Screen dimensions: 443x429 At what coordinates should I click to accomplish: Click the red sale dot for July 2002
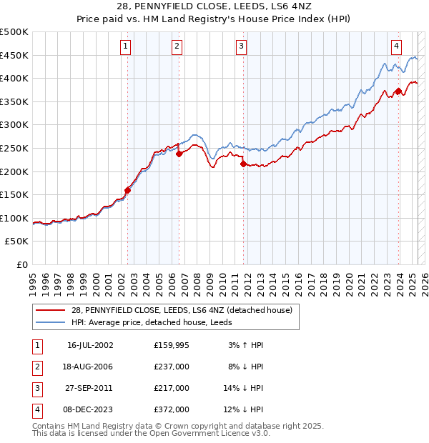coord(128,190)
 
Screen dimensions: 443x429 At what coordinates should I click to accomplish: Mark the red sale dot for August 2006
coord(179,154)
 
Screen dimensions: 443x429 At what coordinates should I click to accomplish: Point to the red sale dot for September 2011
coord(244,164)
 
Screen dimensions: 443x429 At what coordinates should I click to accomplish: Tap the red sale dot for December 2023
coord(398,91)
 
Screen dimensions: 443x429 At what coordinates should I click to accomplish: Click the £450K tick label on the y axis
coord(15,55)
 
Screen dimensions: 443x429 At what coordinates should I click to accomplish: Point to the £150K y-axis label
coord(15,194)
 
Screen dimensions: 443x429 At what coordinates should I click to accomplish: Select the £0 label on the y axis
coord(21,264)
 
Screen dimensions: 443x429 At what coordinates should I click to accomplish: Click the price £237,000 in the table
coord(172,367)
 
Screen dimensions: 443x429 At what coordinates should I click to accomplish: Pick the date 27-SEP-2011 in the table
coord(90,388)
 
